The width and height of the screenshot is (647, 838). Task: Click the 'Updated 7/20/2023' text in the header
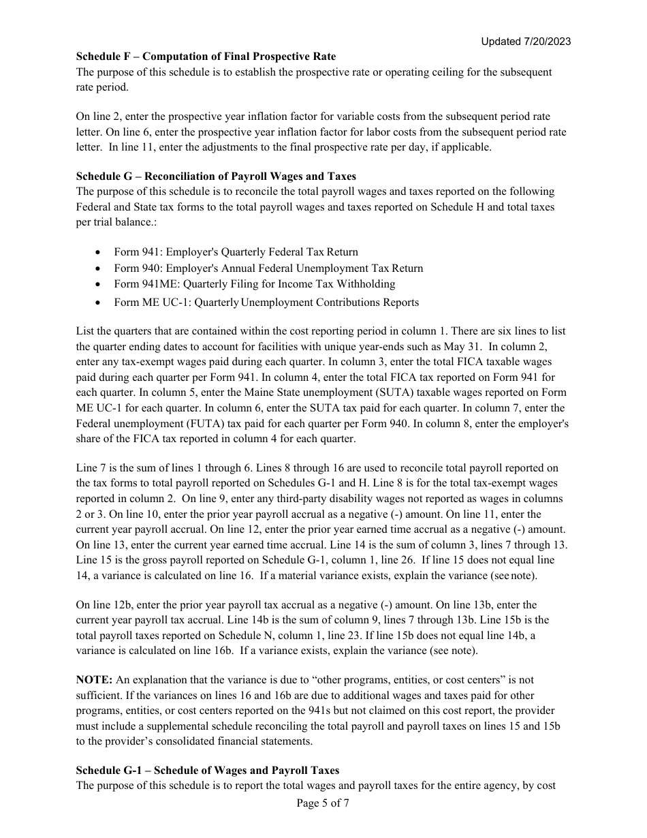click(525, 42)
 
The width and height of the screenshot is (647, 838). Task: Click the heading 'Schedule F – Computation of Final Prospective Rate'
click(206, 57)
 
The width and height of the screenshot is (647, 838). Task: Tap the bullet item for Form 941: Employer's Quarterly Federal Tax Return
click(236, 252)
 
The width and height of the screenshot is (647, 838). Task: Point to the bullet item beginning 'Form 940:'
click(268, 268)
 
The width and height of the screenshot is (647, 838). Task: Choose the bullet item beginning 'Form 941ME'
click(254, 284)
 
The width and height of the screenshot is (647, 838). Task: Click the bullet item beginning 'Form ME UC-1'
click(266, 302)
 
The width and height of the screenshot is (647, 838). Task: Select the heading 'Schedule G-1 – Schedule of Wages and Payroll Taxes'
click(208, 771)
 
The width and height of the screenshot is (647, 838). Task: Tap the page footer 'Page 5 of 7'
click(323, 803)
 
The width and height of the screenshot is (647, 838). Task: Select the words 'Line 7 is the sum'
click(116, 468)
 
